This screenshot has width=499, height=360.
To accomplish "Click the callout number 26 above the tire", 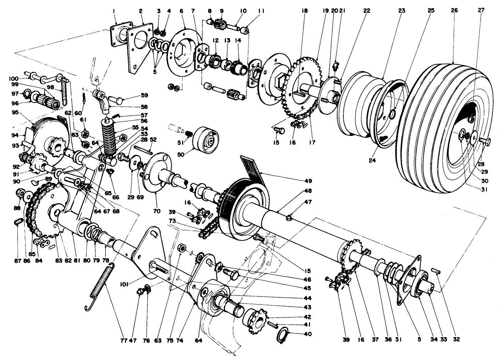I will click(454, 11).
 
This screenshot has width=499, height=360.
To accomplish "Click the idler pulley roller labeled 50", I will click(205, 138).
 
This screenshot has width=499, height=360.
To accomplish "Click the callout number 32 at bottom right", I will click(456, 339).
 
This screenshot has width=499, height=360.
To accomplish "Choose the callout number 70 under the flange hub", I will click(157, 211).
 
